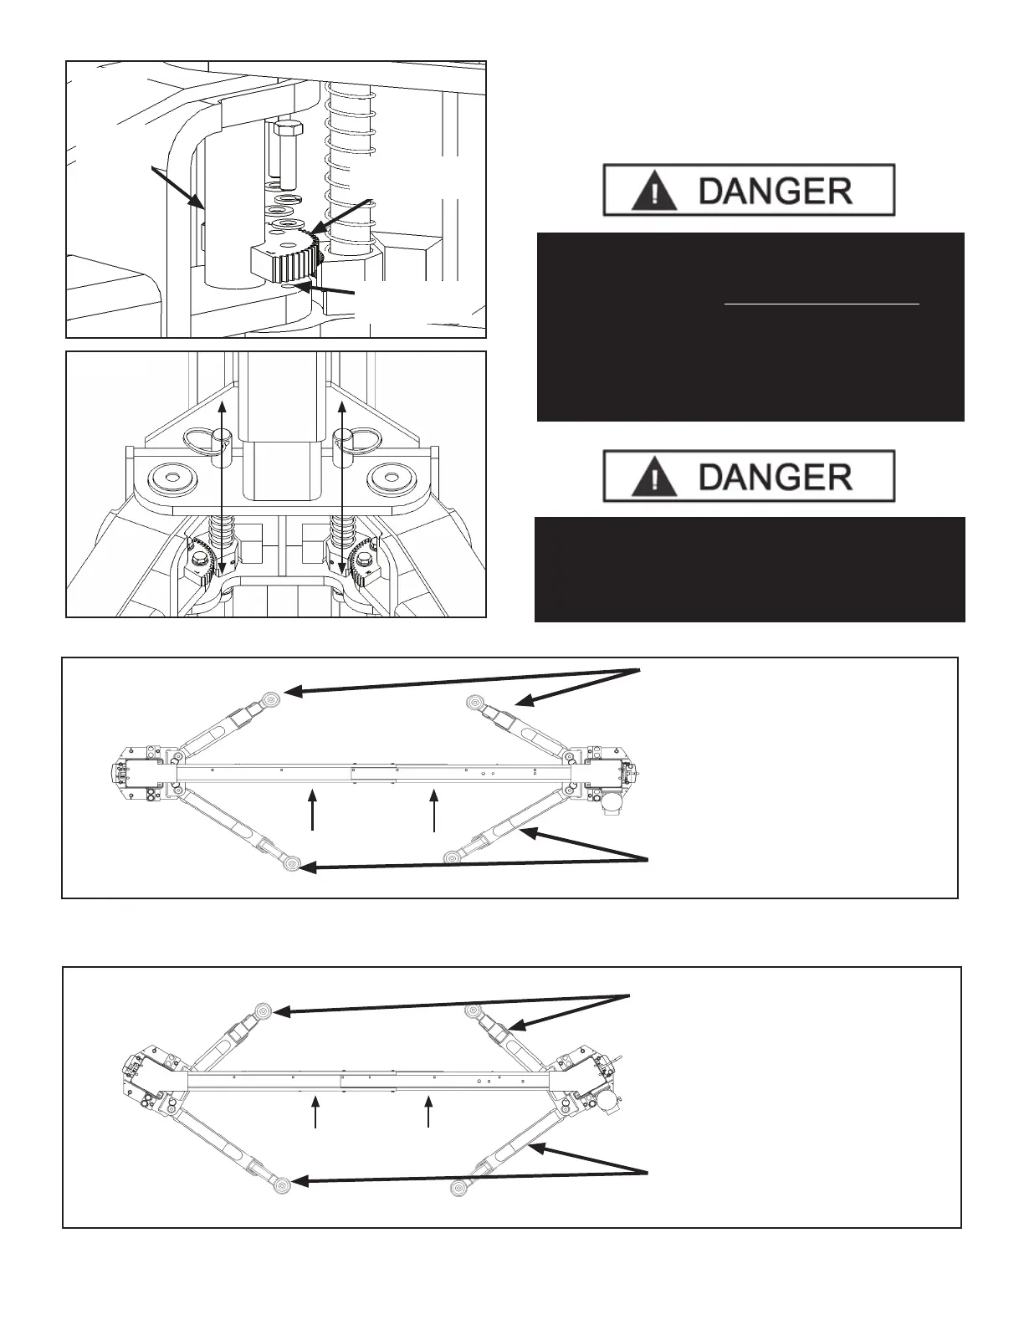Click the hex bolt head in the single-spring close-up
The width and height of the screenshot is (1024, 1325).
coord(288,131)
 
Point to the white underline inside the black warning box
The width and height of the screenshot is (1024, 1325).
coord(822,304)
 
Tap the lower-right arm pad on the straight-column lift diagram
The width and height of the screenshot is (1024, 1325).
coord(453,857)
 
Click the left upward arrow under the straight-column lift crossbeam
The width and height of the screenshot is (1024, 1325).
coord(313,809)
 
